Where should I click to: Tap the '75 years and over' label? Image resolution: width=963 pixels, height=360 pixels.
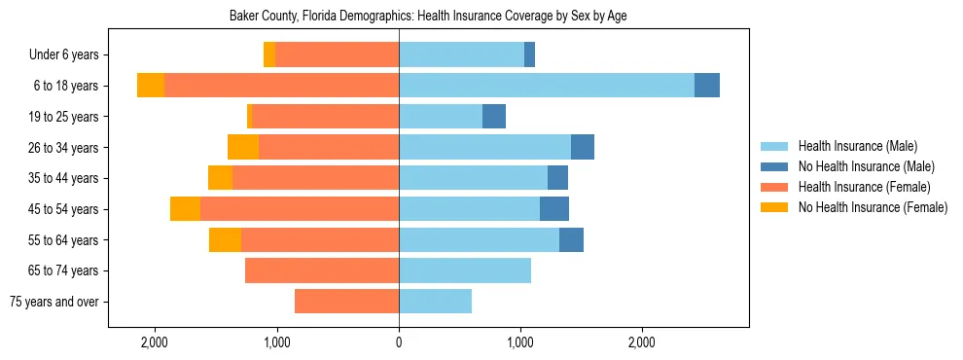click(x=54, y=302)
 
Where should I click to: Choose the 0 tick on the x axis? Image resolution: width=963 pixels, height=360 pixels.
click(x=399, y=342)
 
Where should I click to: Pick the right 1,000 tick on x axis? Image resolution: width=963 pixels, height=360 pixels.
click(x=520, y=342)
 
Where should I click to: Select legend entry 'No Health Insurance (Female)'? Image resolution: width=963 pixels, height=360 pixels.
click(x=873, y=207)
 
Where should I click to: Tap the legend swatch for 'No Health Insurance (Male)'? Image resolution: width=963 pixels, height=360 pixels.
click(x=774, y=166)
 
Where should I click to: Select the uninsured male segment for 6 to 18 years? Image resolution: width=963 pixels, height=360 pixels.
click(x=707, y=86)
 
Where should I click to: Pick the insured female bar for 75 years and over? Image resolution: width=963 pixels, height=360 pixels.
click(x=346, y=302)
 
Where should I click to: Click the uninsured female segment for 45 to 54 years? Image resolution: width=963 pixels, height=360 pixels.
click(x=185, y=209)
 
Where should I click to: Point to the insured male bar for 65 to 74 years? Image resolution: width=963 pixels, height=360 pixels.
click(x=465, y=270)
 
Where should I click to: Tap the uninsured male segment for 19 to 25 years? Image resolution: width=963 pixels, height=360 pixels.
click(x=494, y=117)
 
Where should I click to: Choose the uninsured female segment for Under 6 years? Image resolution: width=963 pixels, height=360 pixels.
click(x=269, y=55)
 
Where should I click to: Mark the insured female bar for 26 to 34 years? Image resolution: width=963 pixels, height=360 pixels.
click(x=329, y=147)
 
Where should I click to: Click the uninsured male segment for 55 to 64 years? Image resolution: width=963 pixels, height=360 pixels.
click(x=571, y=239)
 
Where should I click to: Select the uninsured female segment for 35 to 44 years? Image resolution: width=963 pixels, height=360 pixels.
click(x=220, y=178)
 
